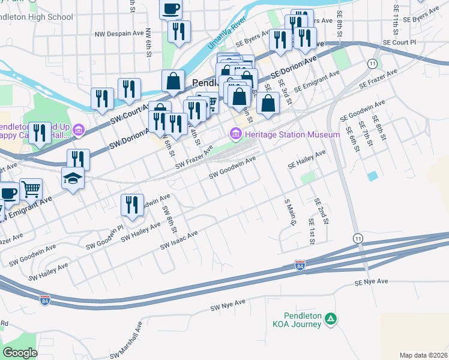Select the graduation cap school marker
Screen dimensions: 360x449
pos(73,178)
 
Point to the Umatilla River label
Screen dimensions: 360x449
pos(227,34)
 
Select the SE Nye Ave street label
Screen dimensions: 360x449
pos(371,281)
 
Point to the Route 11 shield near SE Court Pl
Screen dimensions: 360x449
pos(373,63)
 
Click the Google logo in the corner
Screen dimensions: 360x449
pos(20,353)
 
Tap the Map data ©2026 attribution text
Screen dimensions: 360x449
pos(423,355)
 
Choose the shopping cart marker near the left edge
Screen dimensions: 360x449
pos(31,190)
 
